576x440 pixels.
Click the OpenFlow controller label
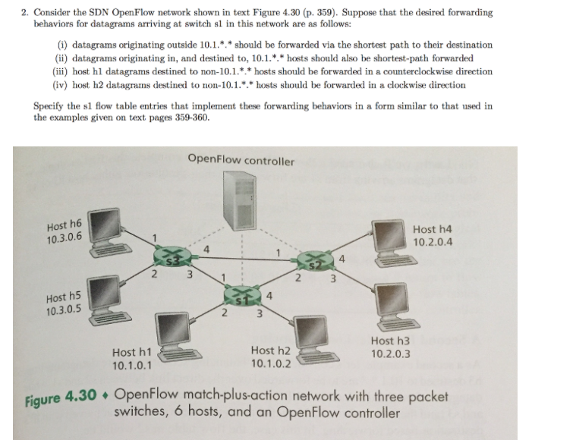coord(240,160)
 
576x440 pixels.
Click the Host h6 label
coord(64,225)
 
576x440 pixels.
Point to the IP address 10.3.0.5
coord(65,310)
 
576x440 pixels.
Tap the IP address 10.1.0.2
coord(271,363)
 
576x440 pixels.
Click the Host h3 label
coord(391,342)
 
